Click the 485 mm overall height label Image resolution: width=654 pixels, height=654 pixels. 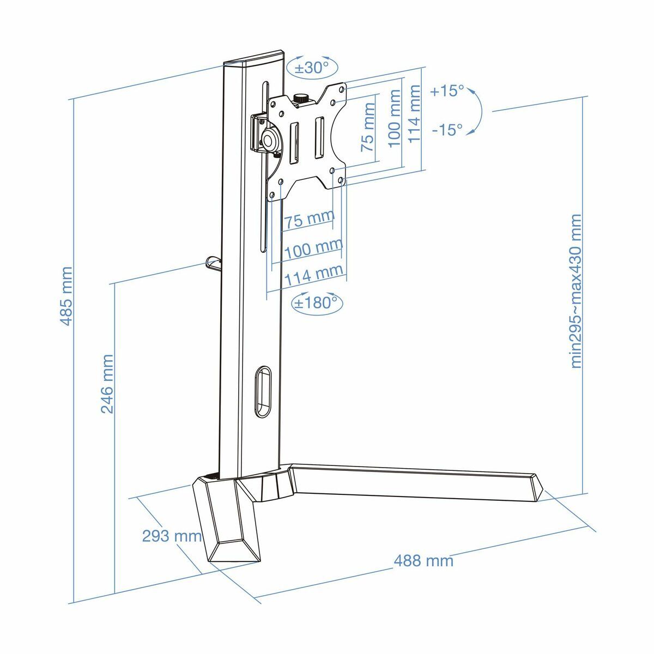(66, 296)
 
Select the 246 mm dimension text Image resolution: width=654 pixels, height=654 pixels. (107, 384)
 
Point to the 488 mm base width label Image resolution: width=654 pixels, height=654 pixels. (423, 560)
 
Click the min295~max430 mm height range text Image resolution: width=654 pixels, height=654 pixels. (576, 292)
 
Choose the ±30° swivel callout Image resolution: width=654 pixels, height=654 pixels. (312, 68)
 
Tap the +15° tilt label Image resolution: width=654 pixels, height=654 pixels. (446, 91)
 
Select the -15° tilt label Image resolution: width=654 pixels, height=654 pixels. (446, 130)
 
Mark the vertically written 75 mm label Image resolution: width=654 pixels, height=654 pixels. (368, 134)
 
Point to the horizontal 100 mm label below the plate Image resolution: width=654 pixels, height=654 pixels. (313, 250)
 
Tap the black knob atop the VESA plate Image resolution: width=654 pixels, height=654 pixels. (301, 99)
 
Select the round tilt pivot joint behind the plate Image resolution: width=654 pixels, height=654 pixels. (270, 139)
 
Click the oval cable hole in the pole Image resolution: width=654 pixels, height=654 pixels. (263, 391)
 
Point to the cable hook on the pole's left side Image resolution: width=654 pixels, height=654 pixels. (212, 264)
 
